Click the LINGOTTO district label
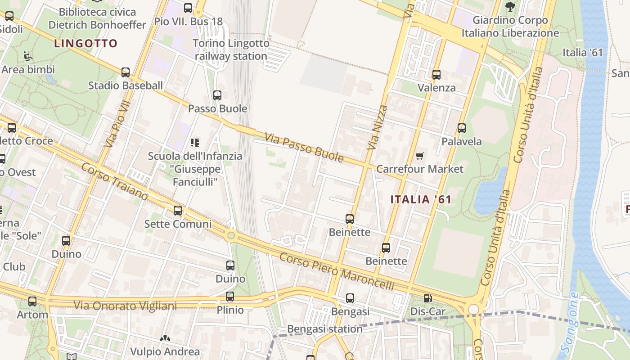click(x=85, y=44)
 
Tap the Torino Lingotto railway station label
click(x=231, y=50)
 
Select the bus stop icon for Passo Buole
click(x=217, y=95)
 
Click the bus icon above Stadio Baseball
click(x=126, y=72)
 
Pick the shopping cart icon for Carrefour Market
click(x=419, y=156)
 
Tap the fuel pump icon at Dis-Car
click(x=427, y=298)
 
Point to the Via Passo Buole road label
click(x=304, y=147)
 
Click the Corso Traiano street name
click(x=114, y=182)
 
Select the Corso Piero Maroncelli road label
click(x=337, y=272)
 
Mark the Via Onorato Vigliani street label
click(x=125, y=306)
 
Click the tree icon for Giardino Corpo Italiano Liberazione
click(x=510, y=7)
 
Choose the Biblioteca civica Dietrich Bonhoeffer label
click(x=97, y=18)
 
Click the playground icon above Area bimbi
click(x=28, y=56)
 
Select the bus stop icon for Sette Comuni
click(x=178, y=210)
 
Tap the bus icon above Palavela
click(x=461, y=128)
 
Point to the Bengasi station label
click(x=325, y=329)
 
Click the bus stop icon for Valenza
click(x=436, y=74)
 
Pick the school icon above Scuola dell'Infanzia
click(x=195, y=143)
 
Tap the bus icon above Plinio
click(x=230, y=296)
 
